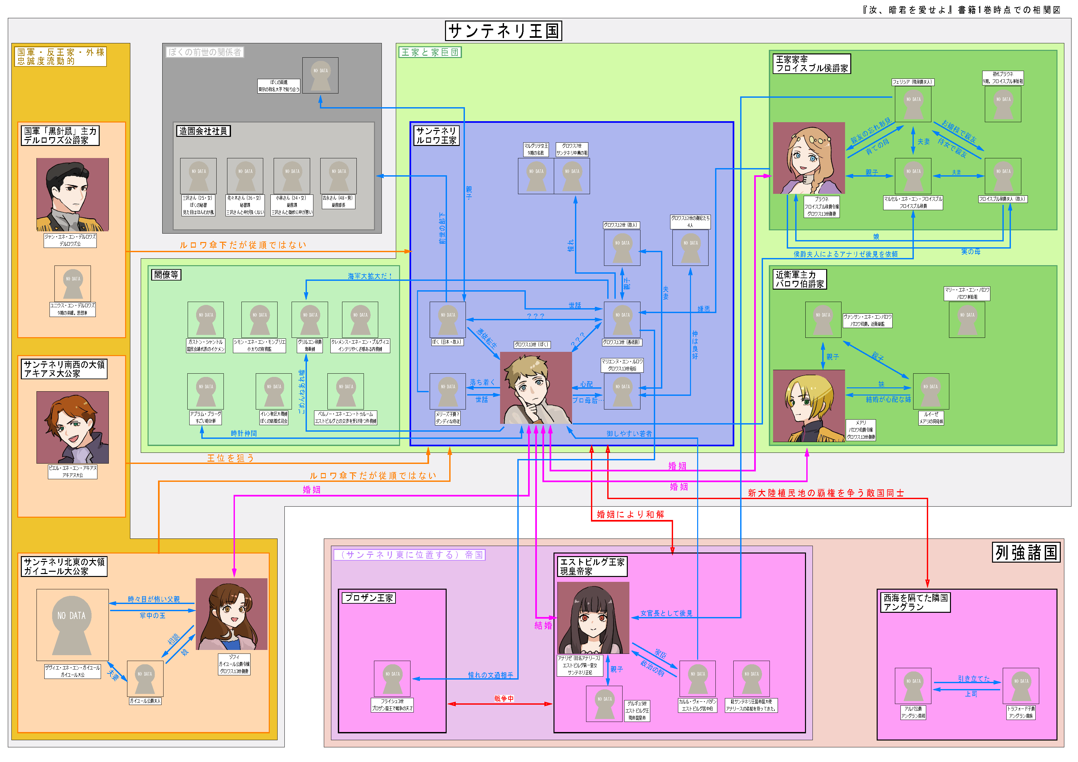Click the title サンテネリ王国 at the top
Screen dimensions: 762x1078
click(x=503, y=31)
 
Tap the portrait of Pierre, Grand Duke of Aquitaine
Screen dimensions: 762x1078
click(x=72, y=427)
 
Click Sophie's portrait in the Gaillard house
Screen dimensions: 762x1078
click(x=232, y=614)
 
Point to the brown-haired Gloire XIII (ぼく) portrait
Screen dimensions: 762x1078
click(x=536, y=388)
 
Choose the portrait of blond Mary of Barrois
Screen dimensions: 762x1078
click(x=809, y=406)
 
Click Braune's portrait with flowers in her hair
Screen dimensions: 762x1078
click(x=809, y=158)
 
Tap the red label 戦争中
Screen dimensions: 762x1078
click(x=504, y=698)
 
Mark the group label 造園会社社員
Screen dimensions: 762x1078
click(x=203, y=131)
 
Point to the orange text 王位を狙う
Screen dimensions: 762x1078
click(x=231, y=458)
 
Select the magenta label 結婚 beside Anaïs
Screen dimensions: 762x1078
click(x=543, y=625)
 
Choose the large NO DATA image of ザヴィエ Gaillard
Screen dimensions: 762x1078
click(x=72, y=625)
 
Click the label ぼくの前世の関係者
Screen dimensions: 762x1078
click(x=205, y=52)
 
